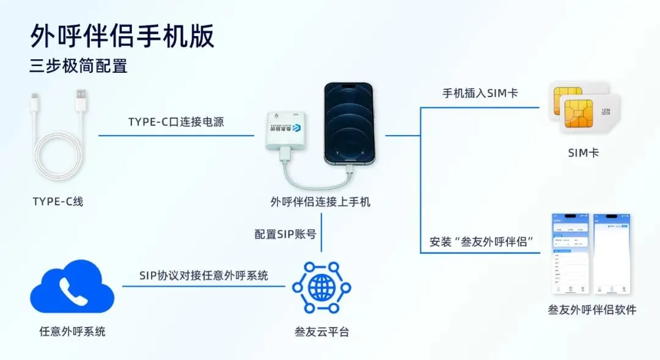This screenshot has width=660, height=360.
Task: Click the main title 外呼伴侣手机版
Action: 122,37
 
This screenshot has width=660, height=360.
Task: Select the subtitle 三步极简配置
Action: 78,65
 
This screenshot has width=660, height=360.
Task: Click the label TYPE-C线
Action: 58,201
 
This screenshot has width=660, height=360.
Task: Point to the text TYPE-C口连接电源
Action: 176,122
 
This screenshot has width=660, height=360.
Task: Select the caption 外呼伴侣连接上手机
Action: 320,201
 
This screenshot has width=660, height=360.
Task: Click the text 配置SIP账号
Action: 285,233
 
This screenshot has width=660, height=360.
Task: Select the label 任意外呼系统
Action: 72,332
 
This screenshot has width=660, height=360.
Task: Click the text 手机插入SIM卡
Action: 480,94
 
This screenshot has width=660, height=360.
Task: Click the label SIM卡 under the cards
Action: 583,153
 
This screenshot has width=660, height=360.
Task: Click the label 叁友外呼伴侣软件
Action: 592,310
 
